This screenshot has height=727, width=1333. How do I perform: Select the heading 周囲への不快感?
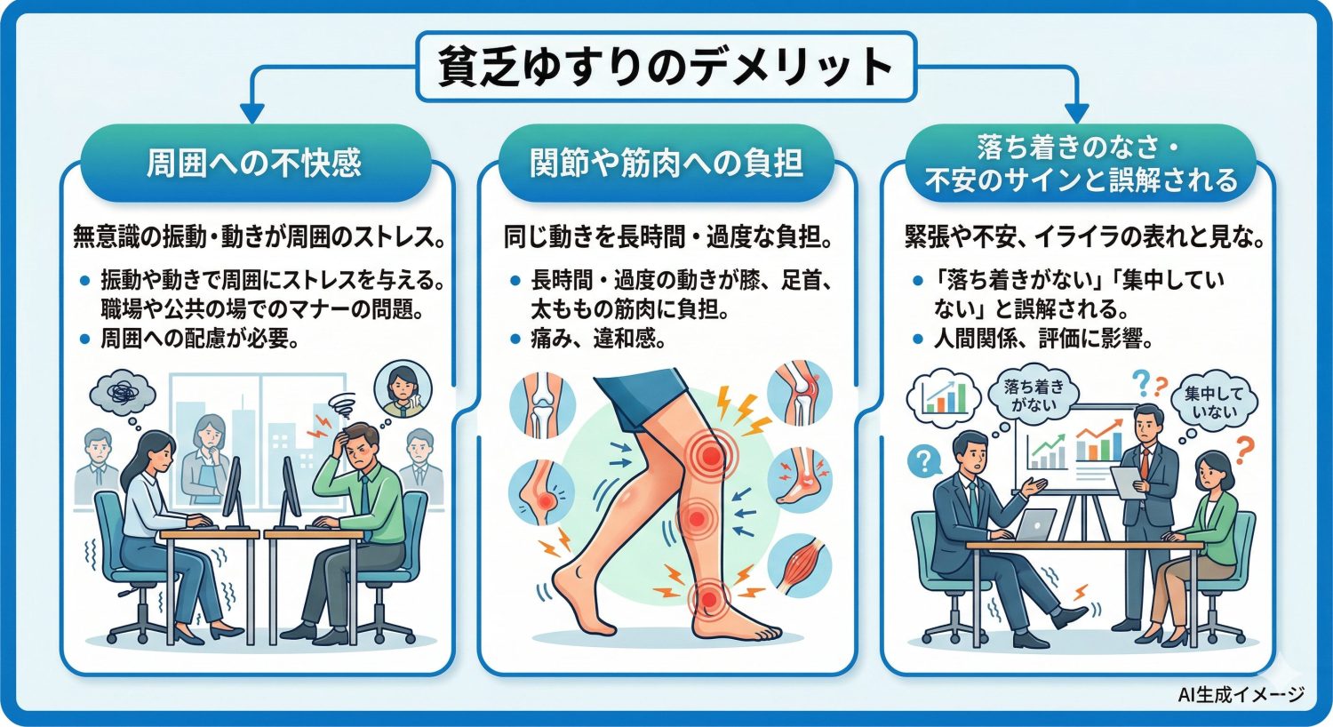pyautogui.click(x=254, y=164)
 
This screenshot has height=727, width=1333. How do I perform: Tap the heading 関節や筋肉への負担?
pyautogui.click(x=666, y=164)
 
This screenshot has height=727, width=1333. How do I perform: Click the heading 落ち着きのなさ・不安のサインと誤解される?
pyautogui.click(x=1081, y=164)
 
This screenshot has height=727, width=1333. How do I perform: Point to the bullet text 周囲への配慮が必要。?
pyautogui.click(x=199, y=339)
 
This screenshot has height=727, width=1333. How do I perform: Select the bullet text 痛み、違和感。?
pyautogui.click(x=598, y=339)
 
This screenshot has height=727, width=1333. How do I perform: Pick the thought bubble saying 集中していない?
pyautogui.click(x=1214, y=403)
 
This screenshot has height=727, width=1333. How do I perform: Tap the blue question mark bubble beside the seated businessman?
pyautogui.click(x=924, y=460)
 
